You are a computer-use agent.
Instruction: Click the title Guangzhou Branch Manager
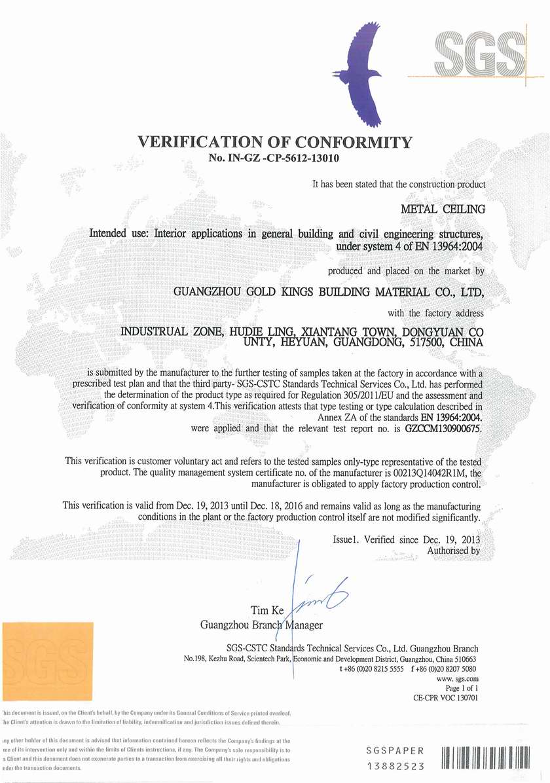(261, 625)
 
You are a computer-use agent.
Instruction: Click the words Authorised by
(453, 551)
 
